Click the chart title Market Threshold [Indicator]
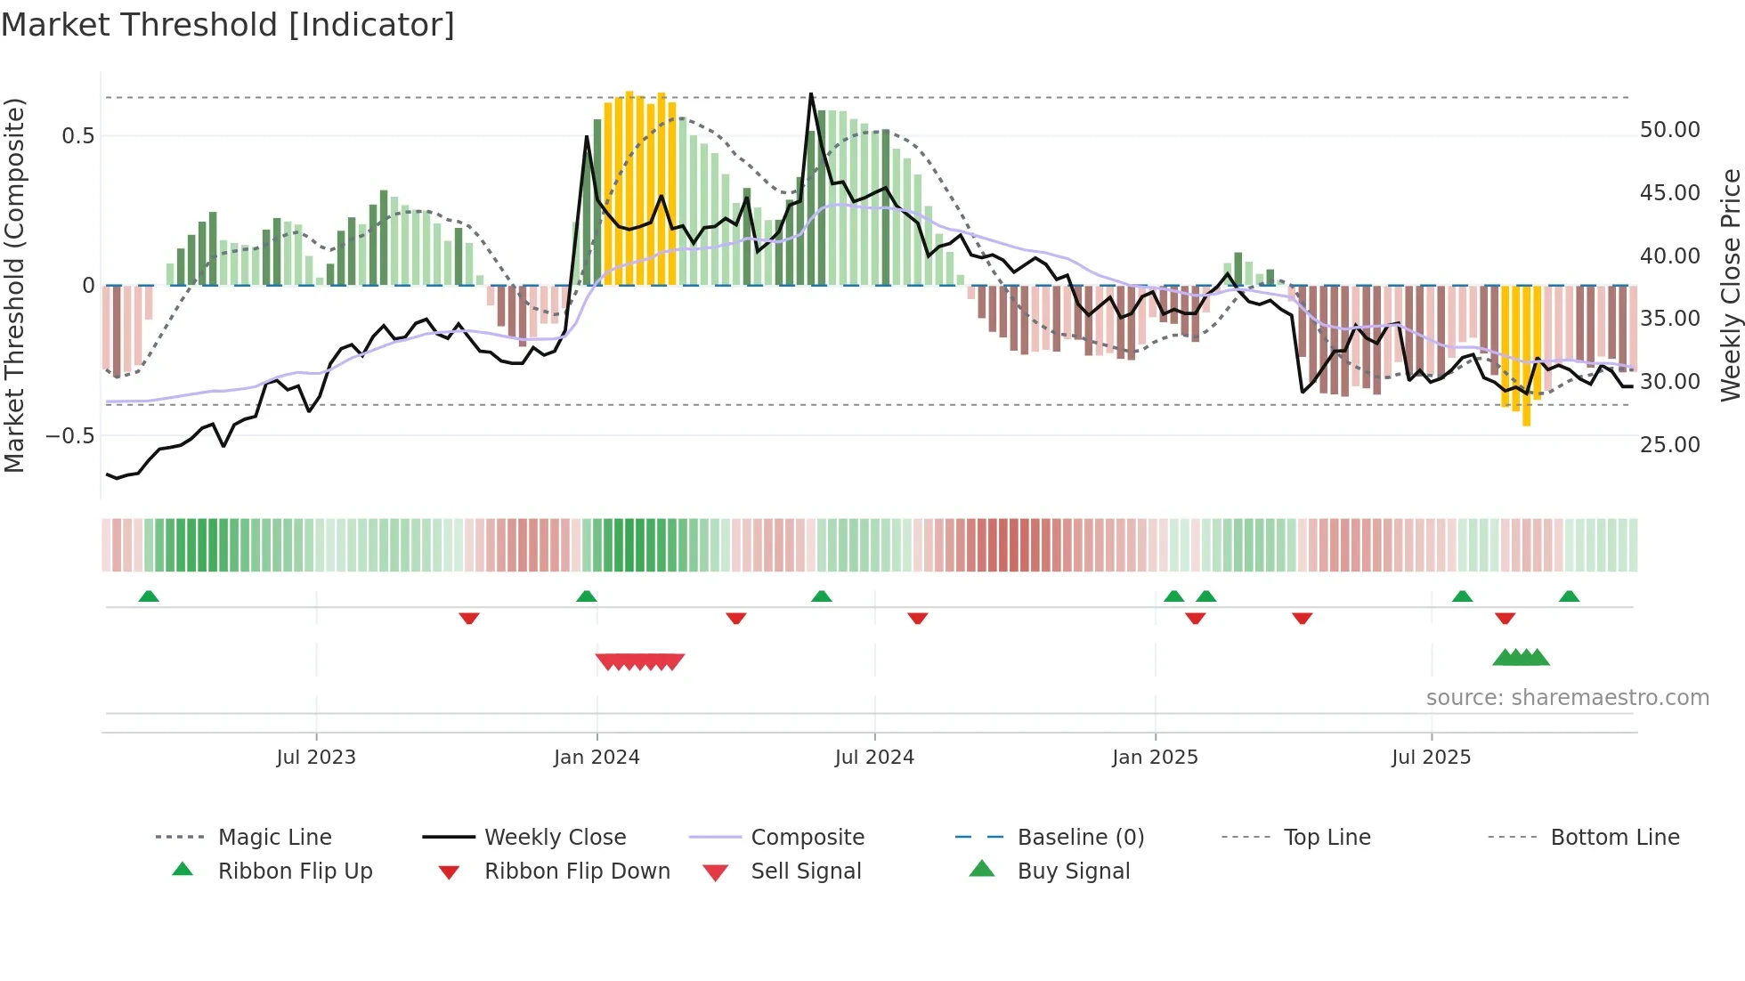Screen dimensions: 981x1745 (x=228, y=25)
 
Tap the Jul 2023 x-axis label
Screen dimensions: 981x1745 (x=316, y=758)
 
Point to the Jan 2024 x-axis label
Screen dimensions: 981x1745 (x=597, y=758)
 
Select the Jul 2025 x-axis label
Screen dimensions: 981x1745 (x=1431, y=758)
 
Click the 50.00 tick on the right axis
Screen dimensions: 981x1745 (x=1669, y=130)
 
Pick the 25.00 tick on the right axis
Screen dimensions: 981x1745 (x=1669, y=444)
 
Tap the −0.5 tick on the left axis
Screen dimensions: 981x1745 (x=70, y=436)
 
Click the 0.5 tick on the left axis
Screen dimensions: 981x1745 (x=77, y=136)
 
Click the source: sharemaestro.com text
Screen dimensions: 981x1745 (x=1567, y=698)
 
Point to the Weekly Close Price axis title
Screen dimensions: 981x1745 (x=1730, y=285)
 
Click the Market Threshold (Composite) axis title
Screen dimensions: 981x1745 (x=14, y=285)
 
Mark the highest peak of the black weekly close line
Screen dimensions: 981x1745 (x=811, y=93)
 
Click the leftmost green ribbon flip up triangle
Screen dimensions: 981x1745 (x=149, y=596)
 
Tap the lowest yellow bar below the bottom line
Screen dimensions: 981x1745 (x=1526, y=418)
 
